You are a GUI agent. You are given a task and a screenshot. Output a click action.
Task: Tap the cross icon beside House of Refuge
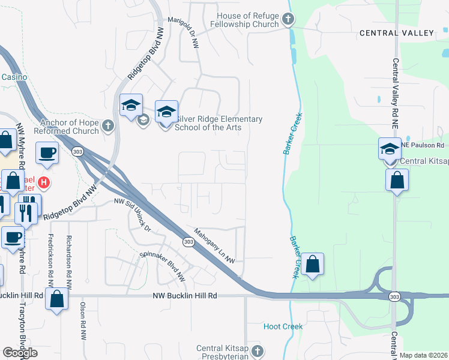coord(288,20)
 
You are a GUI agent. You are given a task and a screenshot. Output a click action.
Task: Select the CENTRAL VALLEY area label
coord(396,32)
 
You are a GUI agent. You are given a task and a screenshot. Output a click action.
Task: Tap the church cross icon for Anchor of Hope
coord(107,126)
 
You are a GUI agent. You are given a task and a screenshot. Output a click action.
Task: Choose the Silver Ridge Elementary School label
coord(218,123)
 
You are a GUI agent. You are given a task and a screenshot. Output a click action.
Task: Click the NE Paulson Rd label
coord(423,145)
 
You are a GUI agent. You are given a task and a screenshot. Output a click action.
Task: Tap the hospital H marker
coord(43,181)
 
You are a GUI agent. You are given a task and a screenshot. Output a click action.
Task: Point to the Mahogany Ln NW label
coord(214,245)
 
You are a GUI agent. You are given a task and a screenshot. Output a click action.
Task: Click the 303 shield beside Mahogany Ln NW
coord(188,242)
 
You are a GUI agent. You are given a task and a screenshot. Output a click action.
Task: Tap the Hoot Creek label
coord(283,326)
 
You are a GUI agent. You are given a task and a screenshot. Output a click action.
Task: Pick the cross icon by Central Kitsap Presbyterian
coord(257,350)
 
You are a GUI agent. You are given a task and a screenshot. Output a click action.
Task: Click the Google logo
coord(20,353)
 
